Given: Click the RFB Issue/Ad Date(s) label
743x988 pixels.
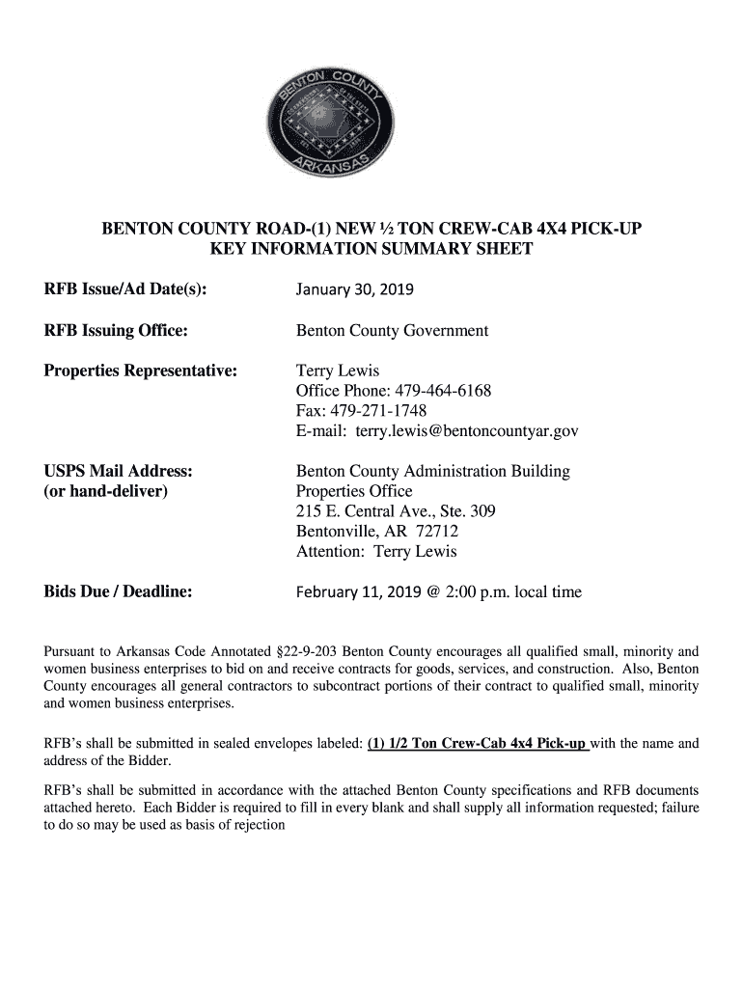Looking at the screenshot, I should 126,289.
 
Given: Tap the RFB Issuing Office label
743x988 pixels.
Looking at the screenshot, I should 116,331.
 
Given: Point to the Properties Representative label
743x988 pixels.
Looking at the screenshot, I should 141,370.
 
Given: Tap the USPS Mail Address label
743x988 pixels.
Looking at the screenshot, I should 119,472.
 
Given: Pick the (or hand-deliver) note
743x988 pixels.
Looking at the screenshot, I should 105,492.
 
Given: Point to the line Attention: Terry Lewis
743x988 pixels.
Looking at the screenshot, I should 376,552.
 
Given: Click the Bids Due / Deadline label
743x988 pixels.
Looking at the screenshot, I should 118,592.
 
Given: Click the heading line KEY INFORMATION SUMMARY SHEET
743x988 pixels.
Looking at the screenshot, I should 371,250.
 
